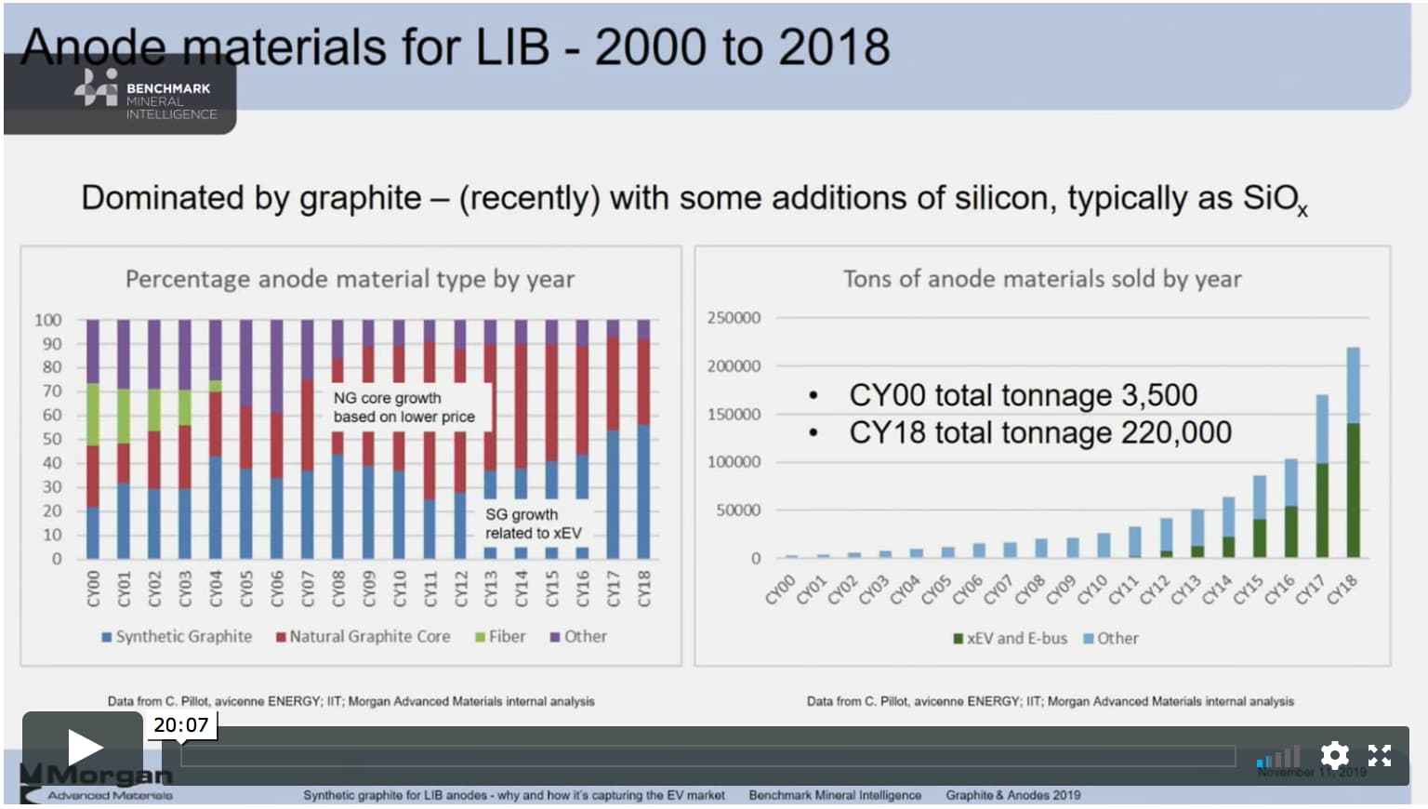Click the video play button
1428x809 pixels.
point(83,747)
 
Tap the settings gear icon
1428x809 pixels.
point(1334,755)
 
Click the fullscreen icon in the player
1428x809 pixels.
point(1380,755)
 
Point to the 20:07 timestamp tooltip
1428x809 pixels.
point(180,725)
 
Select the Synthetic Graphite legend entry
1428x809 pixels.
point(177,637)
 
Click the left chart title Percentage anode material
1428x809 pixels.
point(350,279)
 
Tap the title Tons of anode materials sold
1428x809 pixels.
point(1041,279)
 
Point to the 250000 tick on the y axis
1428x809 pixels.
point(734,318)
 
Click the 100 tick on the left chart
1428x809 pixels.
point(47,320)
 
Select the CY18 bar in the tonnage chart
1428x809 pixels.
point(1353,453)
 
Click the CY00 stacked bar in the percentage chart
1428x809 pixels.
point(93,439)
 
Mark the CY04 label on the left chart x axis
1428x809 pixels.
point(216,589)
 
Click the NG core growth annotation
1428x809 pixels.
point(403,407)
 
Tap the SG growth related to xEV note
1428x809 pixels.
point(533,524)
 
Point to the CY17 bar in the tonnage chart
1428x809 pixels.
point(1322,476)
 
